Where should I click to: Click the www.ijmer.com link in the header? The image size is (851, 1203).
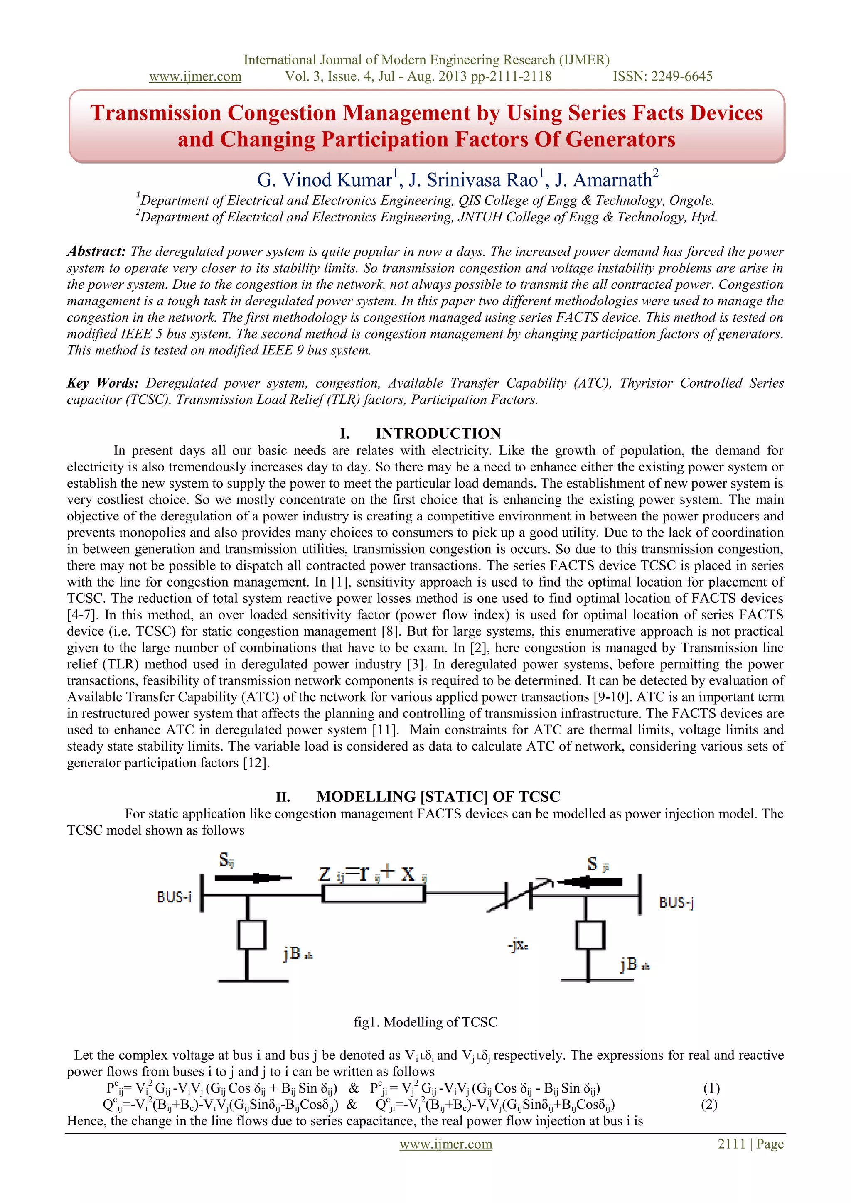pyautogui.click(x=195, y=76)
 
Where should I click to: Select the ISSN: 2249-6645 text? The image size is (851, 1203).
pyautogui.click(x=662, y=76)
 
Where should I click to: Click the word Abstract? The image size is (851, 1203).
pyautogui.click(x=96, y=251)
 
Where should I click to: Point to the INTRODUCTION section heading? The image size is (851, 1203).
pyautogui.click(x=438, y=433)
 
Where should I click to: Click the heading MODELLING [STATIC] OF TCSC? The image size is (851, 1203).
pyautogui.click(x=438, y=796)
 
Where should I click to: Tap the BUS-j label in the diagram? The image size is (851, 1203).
pyautogui.click(x=676, y=902)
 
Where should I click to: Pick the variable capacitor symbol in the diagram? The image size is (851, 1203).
pyautogui.click(x=519, y=895)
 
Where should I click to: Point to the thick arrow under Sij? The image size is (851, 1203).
pyautogui.click(x=253, y=878)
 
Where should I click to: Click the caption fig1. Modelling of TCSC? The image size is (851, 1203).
pyautogui.click(x=425, y=1022)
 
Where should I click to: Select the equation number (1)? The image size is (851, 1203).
pyautogui.click(x=711, y=1088)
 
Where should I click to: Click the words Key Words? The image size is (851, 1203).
pyautogui.click(x=103, y=383)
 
